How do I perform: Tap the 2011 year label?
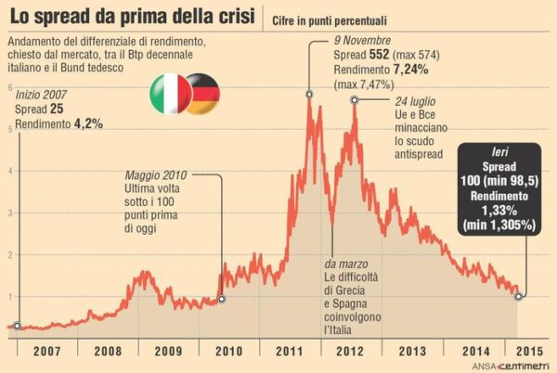tap(290, 352)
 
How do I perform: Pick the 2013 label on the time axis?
tap(412, 352)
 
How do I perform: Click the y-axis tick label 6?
tap(9, 87)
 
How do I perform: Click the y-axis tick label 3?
tap(9, 212)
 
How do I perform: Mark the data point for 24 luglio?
tap(354, 99)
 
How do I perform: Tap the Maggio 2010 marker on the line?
tap(220, 299)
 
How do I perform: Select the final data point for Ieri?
tap(518, 297)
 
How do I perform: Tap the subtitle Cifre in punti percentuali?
tap(330, 19)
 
